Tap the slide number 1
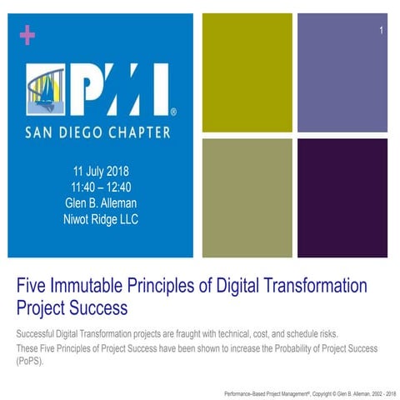coord(380,32)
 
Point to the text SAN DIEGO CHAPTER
coord(97,132)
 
